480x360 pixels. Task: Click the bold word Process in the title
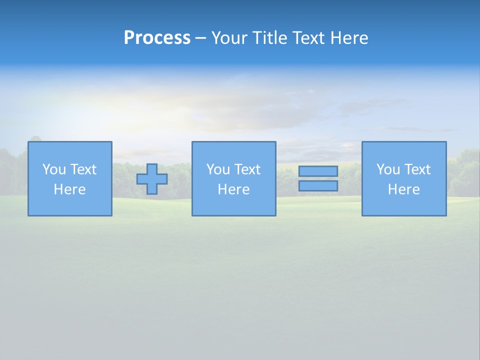click(x=157, y=38)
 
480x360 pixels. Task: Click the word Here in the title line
click(x=349, y=38)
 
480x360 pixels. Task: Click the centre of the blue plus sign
click(x=152, y=179)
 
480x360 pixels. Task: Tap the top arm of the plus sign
click(x=152, y=168)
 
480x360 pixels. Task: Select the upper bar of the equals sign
click(x=318, y=171)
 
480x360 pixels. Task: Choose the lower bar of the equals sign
click(x=318, y=186)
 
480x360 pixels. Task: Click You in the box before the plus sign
click(x=54, y=169)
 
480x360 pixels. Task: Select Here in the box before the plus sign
click(x=69, y=189)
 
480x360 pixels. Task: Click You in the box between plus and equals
click(x=218, y=169)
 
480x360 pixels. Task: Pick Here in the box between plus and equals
click(x=233, y=189)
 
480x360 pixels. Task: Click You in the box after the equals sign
click(x=388, y=169)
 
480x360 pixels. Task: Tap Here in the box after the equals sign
click(x=403, y=189)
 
